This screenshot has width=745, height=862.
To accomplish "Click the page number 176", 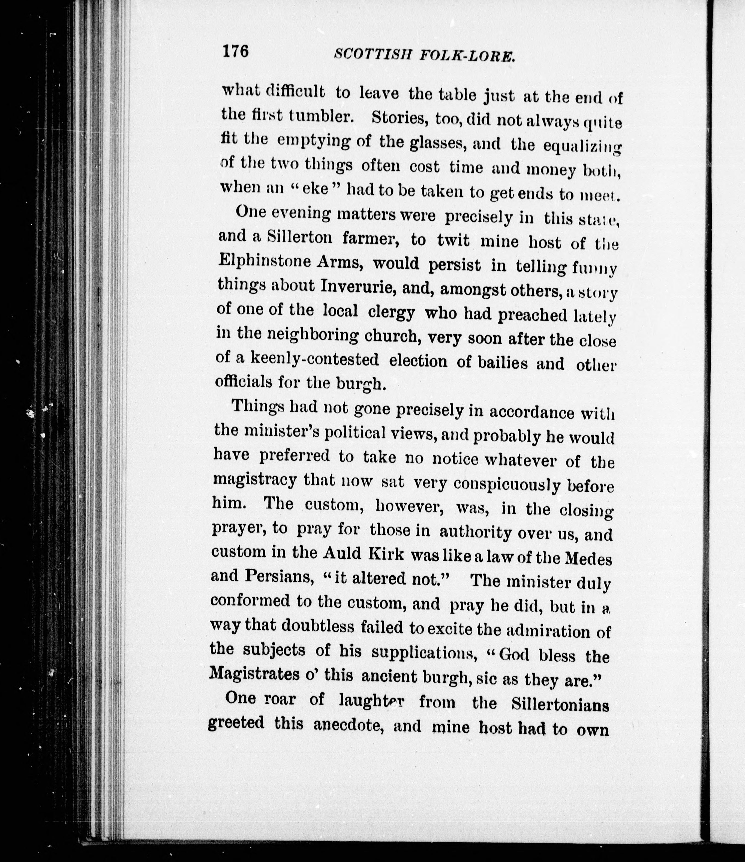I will [235, 51].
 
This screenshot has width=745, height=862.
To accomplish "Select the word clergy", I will [391, 312].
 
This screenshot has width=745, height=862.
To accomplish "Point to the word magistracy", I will [255, 479].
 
